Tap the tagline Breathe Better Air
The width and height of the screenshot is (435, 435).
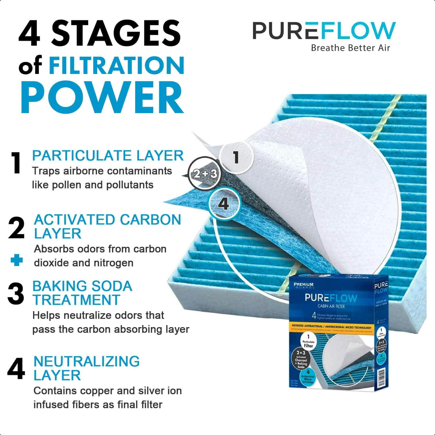point(350,48)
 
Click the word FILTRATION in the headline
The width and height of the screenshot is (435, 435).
point(117,65)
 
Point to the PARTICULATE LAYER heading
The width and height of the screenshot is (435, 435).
point(108,156)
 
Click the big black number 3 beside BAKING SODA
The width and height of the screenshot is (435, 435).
point(16,294)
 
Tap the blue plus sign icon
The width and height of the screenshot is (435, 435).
point(17,260)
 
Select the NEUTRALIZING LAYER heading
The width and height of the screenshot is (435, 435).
point(86,368)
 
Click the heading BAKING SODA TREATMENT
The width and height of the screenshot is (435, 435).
point(82,293)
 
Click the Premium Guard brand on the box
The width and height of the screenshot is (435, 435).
point(304,286)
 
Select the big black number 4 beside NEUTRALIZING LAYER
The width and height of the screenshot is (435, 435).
point(16,370)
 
